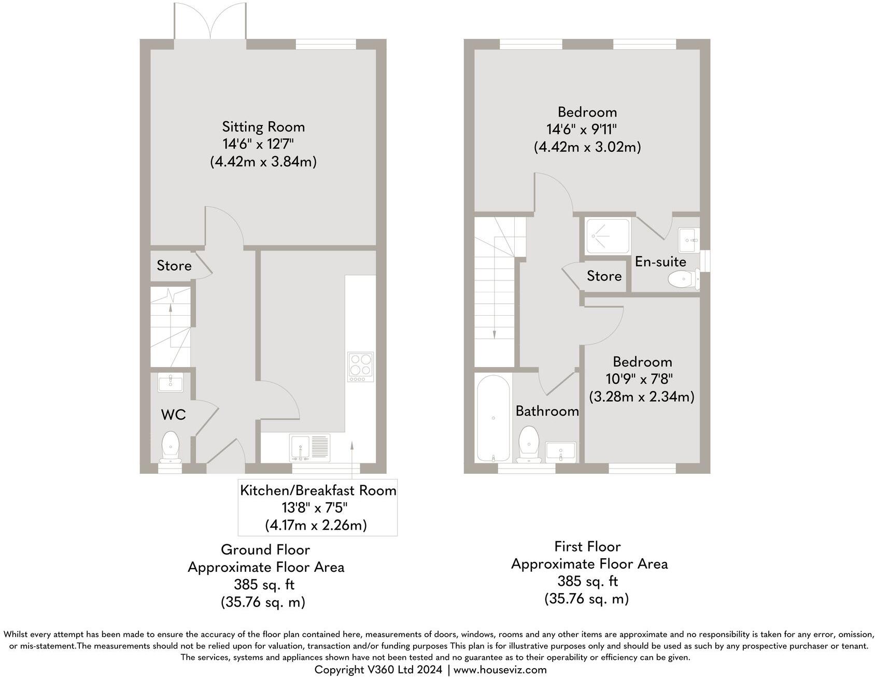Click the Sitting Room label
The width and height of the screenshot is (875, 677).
tap(263, 126)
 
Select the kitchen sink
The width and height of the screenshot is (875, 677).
tap(309, 447)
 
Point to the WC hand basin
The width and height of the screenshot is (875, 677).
tap(170, 384)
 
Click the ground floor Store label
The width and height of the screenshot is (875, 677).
tap(174, 266)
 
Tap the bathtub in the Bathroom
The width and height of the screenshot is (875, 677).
tap(493, 418)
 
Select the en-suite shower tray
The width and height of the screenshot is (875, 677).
tap(608, 236)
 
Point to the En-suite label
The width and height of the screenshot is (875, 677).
tap(660, 262)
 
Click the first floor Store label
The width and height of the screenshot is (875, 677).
tap(604, 276)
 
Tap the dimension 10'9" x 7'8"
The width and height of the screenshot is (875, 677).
tap(642, 379)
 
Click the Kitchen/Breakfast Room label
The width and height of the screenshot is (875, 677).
tap(318, 490)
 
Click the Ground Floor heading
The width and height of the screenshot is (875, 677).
tap(265, 549)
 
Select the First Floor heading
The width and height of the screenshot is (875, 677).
tap(587, 546)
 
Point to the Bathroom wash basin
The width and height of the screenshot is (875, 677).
tap(561, 450)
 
